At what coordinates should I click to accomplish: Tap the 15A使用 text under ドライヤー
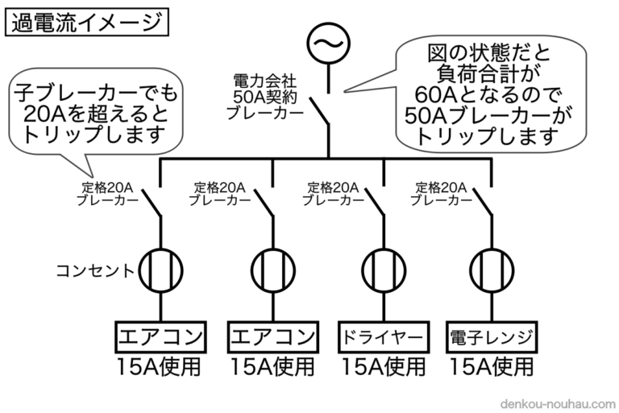coord(382,368)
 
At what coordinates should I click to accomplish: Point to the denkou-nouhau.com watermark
coord(555,401)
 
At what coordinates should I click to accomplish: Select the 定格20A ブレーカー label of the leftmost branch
coord(105,194)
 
